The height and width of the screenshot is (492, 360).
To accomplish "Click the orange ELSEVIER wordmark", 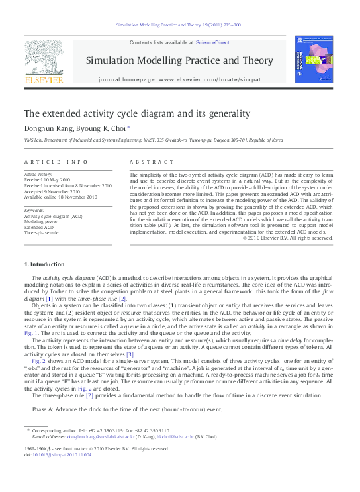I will point(44,80).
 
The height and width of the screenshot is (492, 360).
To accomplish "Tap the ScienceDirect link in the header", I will point(212,42).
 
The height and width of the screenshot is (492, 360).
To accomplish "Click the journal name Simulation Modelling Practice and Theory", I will point(179,60).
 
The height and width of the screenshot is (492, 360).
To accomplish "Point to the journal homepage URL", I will point(179,79).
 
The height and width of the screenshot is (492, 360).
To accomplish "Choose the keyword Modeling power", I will point(41,222).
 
